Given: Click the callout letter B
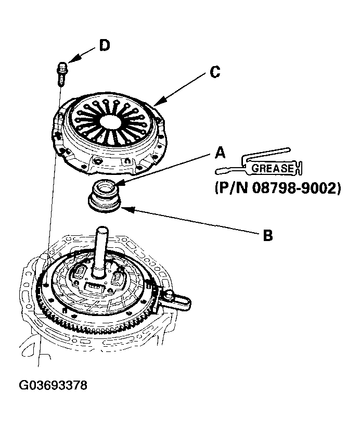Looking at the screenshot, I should tap(267, 235).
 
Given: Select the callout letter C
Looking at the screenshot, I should tap(214, 72).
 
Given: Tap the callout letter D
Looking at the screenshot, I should tap(105, 46).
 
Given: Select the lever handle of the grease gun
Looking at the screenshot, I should tap(265, 153).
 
